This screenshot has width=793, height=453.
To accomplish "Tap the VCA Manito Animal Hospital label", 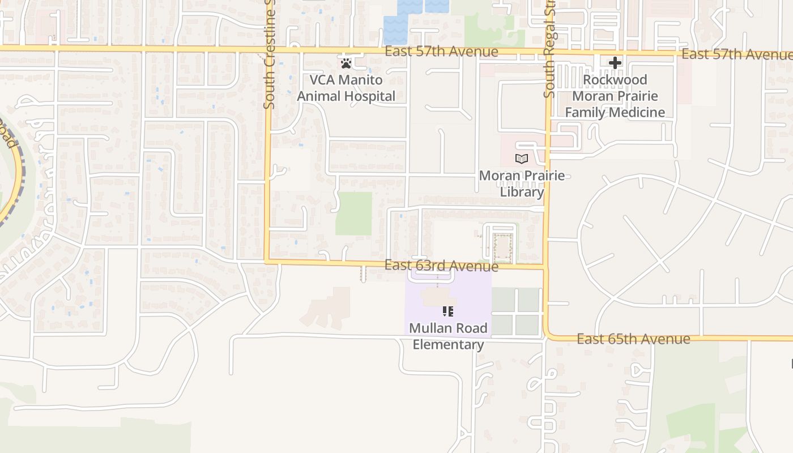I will click(x=346, y=88).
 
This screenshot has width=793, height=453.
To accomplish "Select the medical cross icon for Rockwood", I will click(x=615, y=62).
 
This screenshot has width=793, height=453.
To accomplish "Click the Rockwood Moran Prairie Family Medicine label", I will click(x=615, y=96).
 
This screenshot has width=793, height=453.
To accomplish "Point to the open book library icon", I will click(x=522, y=159).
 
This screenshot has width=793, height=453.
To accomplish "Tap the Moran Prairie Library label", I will click(x=522, y=183).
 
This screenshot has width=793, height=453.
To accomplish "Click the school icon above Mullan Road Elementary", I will click(x=448, y=311).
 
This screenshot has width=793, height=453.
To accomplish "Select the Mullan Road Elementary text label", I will click(x=448, y=336).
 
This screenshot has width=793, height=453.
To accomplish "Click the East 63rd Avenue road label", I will click(x=441, y=266).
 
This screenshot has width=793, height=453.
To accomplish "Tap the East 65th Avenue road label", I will click(x=633, y=339).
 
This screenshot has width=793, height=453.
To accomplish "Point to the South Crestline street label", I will click(x=270, y=54).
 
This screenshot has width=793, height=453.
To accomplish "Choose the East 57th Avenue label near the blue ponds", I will click(x=441, y=52).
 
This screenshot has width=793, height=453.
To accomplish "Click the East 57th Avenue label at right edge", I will click(x=736, y=54).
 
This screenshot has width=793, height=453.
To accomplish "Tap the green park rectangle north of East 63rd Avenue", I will click(x=353, y=213).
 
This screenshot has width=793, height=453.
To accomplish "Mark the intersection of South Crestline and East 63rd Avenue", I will click(x=267, y=262).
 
